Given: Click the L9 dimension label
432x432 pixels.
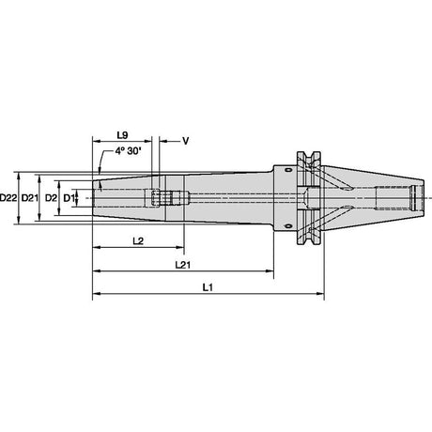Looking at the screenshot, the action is [122, 135].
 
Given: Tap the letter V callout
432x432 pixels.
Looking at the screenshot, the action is [186, 141].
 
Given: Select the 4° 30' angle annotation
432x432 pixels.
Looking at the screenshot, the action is [128, 151].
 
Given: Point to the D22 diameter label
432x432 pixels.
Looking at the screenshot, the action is [8, 198].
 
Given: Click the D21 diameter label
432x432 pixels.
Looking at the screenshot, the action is [30, 198].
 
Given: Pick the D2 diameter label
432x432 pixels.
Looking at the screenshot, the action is [51, 198].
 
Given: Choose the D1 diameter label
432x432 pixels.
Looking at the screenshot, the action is [69, 198].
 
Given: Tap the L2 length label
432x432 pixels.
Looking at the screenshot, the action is [138, 241].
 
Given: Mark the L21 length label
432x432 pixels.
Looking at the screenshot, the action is [183, 265].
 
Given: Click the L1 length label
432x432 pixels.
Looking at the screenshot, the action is [208, 287].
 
